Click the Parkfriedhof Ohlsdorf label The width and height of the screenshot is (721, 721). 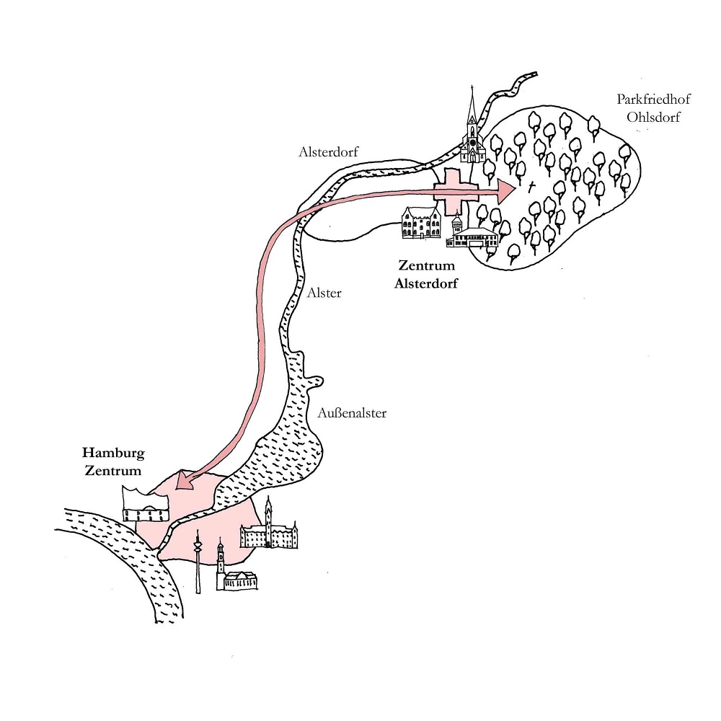pyautogui.click(x=648, y=108)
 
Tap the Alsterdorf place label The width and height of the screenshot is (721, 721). pyautogui.click(x=328, y=151)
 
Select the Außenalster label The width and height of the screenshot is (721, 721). pyautogui.click(x=352, y=413)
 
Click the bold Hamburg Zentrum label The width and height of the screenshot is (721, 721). pyautogui.click(x=112, y=461)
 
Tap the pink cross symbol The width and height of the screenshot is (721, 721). pyautogui.click(x=456, y=191)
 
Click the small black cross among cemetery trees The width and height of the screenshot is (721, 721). pyautogui.click(x=532, y=187)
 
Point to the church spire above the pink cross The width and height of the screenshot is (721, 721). pyautogui.click(x=472, y=108)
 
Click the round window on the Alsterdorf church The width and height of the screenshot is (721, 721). pyautogui.click(x=472, y=142)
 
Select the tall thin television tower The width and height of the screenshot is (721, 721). pyautogui.click(x=198, y=562)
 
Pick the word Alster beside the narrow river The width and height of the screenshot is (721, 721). pyautogui.click(x=324, y=293)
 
